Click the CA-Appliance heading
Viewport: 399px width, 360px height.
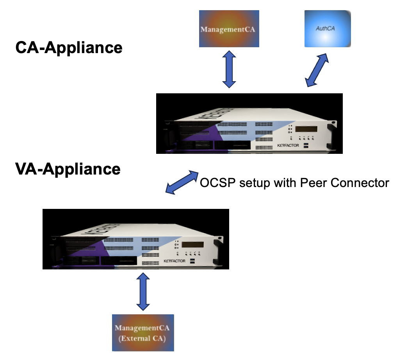(x=69, y=48)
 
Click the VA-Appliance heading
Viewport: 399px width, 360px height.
(x=68, y=169)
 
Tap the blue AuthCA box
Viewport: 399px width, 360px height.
(x=328, y=29)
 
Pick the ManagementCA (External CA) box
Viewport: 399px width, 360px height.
(x=143, y=333)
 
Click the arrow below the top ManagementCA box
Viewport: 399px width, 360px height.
(x=229, y=70)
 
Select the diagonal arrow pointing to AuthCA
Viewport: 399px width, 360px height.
(x=317, y=70)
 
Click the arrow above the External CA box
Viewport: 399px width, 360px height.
(x=143, y=292)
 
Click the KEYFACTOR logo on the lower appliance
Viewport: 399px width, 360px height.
(x=175, y=260)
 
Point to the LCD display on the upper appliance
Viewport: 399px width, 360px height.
(x=306, y=129)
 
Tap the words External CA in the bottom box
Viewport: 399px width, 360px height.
(x=143, y=338)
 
